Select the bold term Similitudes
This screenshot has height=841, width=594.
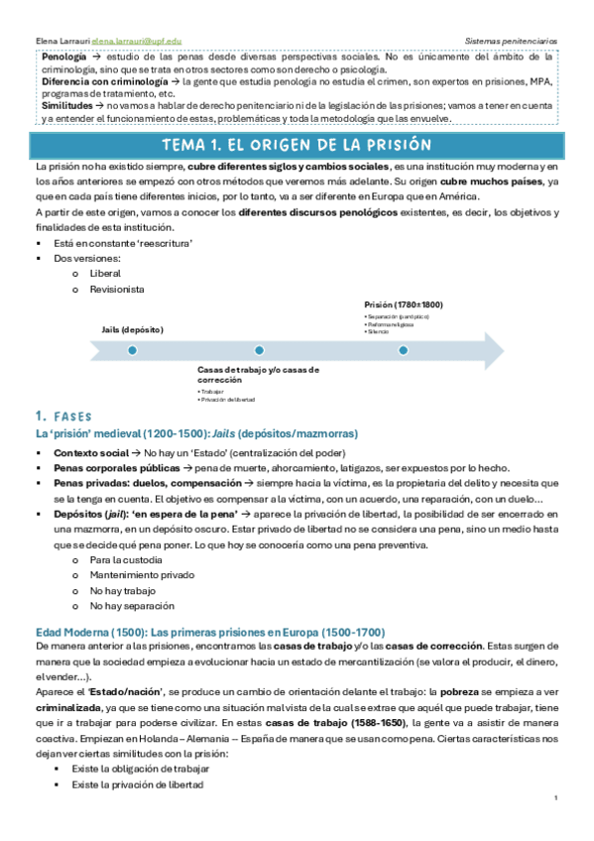[66, 104]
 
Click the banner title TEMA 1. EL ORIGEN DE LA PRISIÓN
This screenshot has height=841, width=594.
[297, 146]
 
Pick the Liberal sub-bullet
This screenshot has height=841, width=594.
[104, 272]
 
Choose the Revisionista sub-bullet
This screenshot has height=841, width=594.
[116, 289]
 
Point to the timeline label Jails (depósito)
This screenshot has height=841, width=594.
[133, 328]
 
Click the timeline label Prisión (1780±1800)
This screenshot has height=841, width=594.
[404, 305]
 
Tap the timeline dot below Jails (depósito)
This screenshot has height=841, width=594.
[114, 350]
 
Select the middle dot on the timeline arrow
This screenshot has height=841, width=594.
[259, 350]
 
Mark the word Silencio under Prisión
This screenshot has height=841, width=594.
[378, 331]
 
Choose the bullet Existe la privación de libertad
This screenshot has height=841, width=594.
[137, 784]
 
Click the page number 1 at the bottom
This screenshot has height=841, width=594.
[557, 798]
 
